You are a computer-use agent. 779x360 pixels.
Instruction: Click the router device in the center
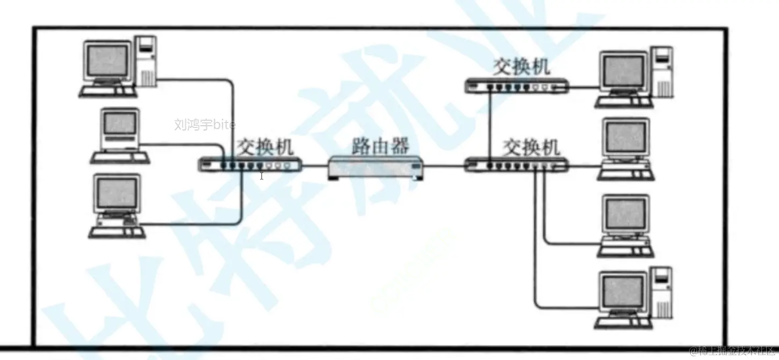[376, 167]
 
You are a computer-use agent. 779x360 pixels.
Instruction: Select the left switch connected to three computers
[250, 165]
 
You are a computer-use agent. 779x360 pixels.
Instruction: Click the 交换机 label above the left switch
[266, 146]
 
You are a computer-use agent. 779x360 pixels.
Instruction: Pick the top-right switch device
[516, 85]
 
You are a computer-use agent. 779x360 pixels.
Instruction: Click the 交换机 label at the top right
[522, 67]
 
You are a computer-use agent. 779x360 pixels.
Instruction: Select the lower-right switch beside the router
[516, 164]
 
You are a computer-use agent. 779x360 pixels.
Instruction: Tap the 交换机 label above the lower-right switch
[531, 146]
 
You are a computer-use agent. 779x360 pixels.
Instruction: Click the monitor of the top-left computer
[107, 60]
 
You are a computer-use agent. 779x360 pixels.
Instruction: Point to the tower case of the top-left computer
[146, 60]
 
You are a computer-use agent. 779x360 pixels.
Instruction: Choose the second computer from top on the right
[625, 148]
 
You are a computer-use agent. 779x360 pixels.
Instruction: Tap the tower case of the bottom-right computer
[662, 293]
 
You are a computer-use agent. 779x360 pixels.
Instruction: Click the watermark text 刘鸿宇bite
[205, 125]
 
